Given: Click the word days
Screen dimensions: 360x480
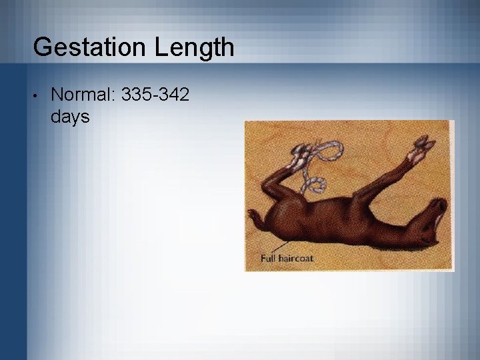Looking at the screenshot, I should point(70,117).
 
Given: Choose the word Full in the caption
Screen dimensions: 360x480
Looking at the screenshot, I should point(273,258).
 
